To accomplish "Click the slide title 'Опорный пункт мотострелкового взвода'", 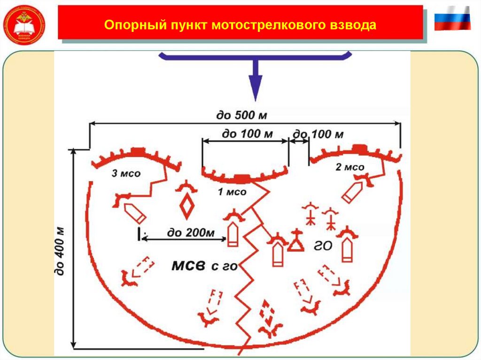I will click(240, 25).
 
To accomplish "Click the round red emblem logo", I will click(24, 24).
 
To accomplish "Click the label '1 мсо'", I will click(232, 191).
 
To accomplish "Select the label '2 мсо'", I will click(350, 167).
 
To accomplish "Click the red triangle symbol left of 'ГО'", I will click(295, 243).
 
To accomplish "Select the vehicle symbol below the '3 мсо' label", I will click(135, 213).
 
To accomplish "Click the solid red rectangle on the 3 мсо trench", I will click(138, 151).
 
